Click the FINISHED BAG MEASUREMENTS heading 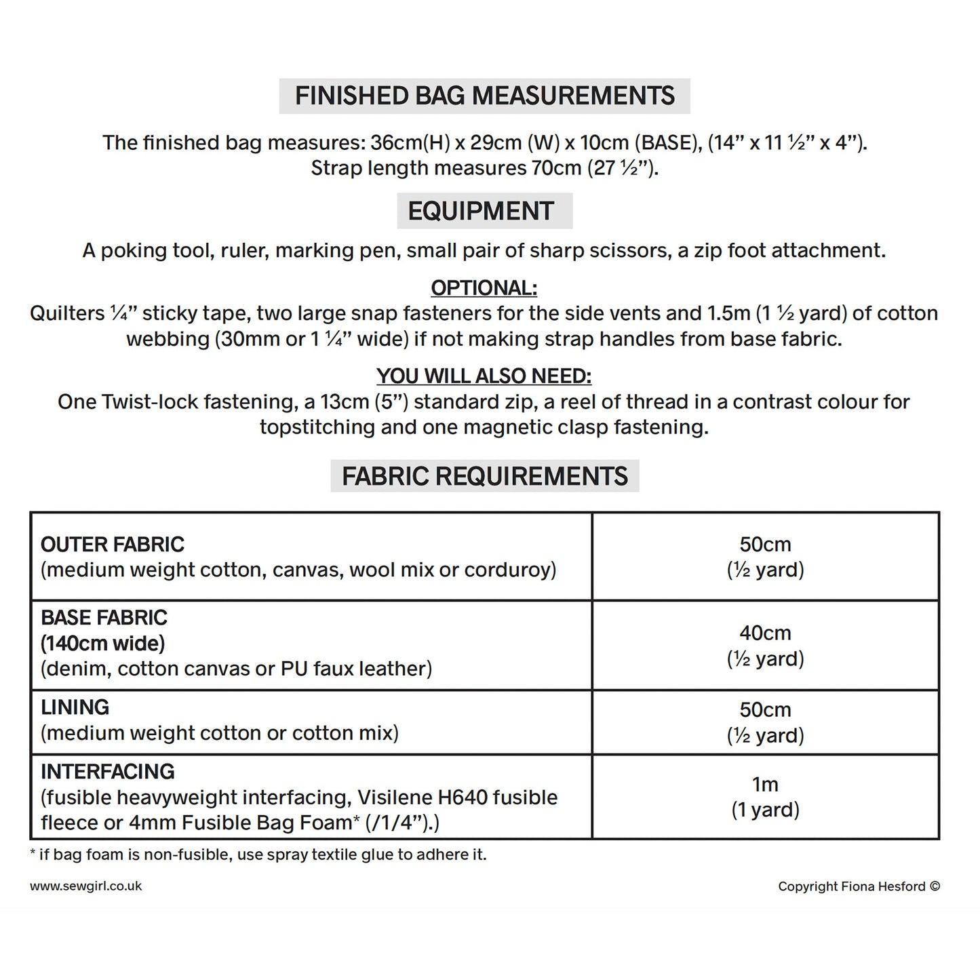(484, 96)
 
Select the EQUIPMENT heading (481, 211)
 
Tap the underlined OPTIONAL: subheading (484, 288)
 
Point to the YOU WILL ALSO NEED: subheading (484, 376)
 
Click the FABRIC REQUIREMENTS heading (484, 476)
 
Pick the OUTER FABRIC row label (113, 544)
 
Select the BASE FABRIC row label (104, 617)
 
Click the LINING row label (75, 707)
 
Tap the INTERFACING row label (107, 771)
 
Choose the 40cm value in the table (765, 633)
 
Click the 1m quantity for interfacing (765, 784)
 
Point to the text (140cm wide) (103, 643)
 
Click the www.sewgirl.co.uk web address (85, 886)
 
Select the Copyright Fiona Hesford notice (859, 886)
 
